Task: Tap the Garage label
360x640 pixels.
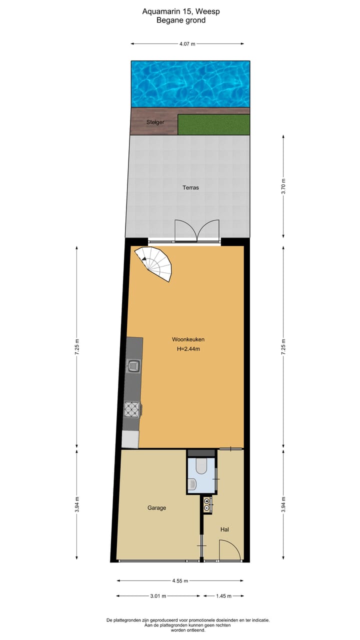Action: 156,507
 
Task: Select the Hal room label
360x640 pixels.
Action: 224,529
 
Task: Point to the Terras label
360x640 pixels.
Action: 190,187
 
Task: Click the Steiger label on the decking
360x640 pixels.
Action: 155,122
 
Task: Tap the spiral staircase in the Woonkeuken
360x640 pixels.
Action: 157,262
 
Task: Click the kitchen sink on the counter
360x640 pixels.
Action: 133,366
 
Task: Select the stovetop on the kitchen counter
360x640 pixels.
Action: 132,409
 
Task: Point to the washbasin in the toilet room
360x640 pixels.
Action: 194,483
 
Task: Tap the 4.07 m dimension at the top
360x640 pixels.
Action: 187,44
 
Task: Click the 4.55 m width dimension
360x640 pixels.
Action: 180,581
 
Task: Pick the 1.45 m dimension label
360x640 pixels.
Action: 223,596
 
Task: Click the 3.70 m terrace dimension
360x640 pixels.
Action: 283,185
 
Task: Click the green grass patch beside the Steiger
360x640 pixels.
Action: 213,124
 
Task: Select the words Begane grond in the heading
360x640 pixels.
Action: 181,20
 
